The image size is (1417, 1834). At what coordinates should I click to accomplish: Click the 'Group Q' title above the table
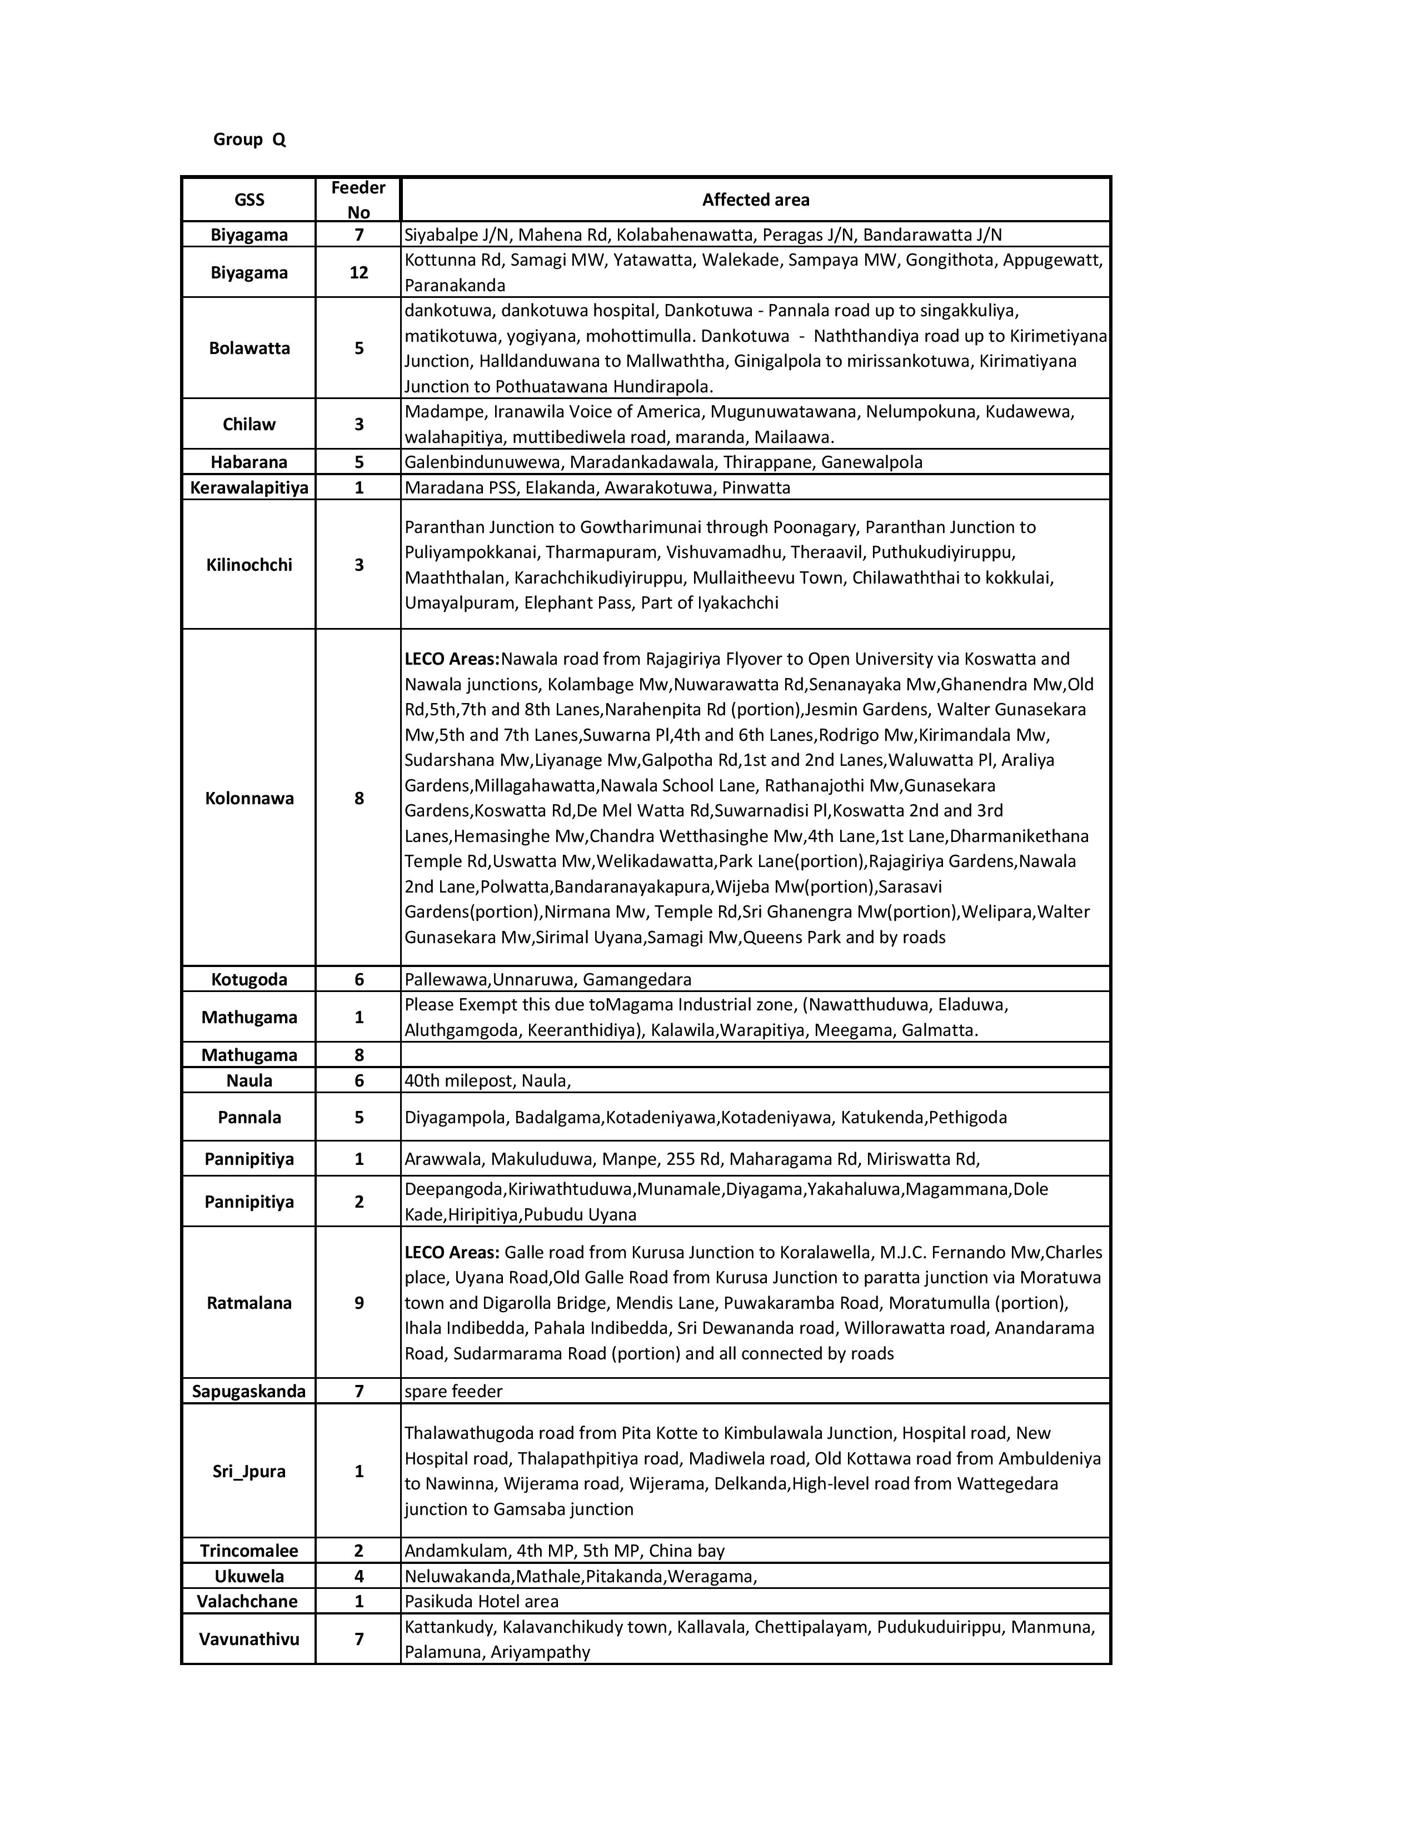point(250,139)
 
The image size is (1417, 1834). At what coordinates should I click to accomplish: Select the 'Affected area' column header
point(756,200)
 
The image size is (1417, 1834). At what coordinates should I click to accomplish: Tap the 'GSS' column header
point(250,200)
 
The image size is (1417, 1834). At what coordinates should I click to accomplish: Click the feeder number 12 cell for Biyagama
point(358,272)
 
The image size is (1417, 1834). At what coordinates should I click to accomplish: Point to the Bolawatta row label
point(250,348)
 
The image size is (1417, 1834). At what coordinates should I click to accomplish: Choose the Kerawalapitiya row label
point(250,487)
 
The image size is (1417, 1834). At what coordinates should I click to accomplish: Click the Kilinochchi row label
point(250,564)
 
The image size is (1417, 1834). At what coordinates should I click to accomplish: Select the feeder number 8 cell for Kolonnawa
point(358,798)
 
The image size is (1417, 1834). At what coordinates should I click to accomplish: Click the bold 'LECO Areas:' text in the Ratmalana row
point(452,1252)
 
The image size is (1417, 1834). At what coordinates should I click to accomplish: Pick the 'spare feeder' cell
point(453,1391)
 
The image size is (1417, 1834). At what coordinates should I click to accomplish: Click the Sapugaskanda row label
point(250,1391)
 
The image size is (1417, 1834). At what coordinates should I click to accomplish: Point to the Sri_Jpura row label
point(250,1471)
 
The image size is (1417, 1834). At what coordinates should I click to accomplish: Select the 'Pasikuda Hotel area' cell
point(482,1601)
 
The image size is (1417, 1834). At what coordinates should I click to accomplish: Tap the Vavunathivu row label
point(250,1638)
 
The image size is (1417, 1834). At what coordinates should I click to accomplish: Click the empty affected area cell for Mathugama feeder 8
point(756,1055)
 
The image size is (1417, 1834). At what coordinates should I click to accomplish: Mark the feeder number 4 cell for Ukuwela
point(358,1576)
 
